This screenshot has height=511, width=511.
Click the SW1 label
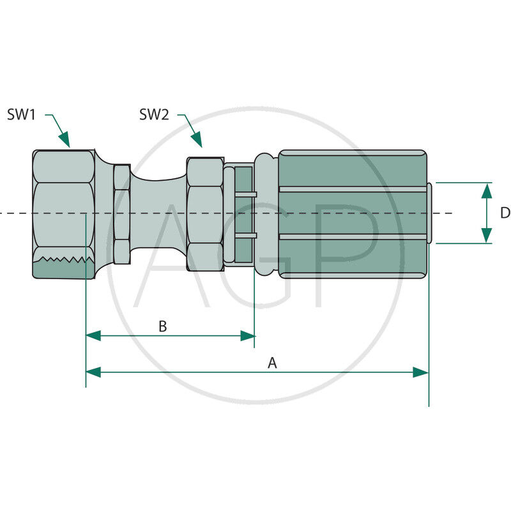click(x=21, y=115)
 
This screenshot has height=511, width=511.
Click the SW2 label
click(x=154, y=115)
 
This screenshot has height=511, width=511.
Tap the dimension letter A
click(x=272, y=363)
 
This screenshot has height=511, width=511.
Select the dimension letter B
click(x=163, y=326)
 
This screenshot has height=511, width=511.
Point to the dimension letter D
click(x=505, y=213)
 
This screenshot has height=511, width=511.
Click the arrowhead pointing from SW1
click(x=65, y=139)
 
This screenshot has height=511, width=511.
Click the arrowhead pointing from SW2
click(x=197, y=139)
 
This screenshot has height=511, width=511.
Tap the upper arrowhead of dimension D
click(x=487, y=191)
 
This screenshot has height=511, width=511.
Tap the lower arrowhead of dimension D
click(x=487, y=235)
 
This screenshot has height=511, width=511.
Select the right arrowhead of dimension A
click(x=421, y=372)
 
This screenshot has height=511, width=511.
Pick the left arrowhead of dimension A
click(x=93, y=372)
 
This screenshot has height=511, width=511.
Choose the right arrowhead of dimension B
click(x=248, y=336)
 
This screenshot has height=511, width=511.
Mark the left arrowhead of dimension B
click(x=93, y=336)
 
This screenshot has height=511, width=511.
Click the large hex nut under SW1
click(x=64, y=215)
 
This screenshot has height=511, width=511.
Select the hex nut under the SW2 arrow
click(x=205, y=214)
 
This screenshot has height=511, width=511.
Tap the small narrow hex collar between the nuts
click(x=122, y=214)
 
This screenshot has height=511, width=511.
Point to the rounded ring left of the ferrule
click(x=266, y=215)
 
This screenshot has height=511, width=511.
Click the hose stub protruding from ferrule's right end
click(x=429, y=213)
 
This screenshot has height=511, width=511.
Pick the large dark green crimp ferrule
click(x=353, y=214)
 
